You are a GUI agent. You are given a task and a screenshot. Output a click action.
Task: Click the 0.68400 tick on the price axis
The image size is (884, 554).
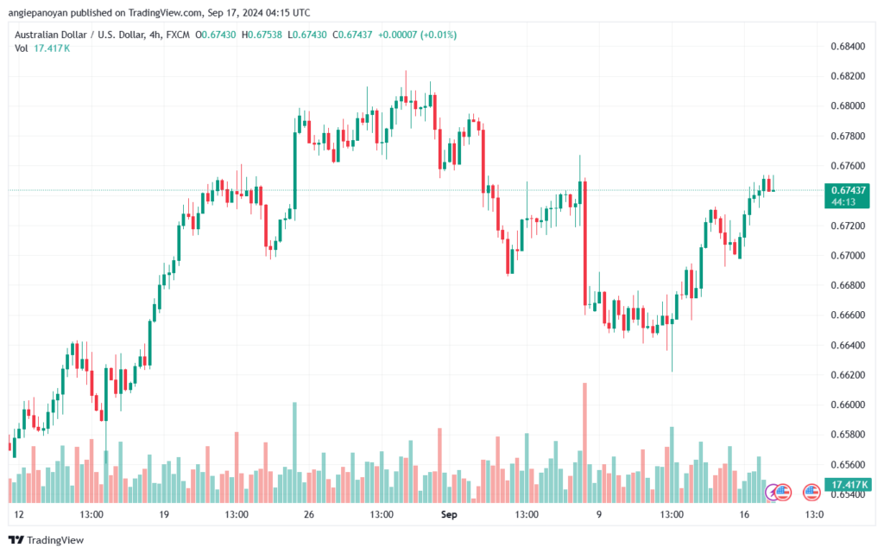click(x=846, y=46)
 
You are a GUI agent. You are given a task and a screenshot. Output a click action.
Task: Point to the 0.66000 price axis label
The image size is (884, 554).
click(x=846, y=404)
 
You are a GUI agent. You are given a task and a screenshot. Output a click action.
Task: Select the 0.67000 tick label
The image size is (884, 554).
click(x=846, y=255)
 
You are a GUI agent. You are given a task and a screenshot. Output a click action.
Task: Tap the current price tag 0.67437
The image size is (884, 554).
click(x=847, y=189)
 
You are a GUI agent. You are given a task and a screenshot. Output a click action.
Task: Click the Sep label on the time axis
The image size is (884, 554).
click(x=448, y=514)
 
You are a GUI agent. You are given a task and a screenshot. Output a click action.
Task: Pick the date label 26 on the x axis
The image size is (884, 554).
click(x=307, y=514)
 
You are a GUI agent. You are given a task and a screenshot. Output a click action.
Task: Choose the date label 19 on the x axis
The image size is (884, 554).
click(x=163, y=514)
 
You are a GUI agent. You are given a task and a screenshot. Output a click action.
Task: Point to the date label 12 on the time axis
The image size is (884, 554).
click(x=19, y=514)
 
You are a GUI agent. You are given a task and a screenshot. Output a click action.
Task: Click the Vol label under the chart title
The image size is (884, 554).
click(x=21, y=48)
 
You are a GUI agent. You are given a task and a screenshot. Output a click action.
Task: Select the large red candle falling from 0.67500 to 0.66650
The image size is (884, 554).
click(x=585, y=243)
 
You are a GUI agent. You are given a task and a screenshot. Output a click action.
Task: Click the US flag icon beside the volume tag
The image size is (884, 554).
click(x=811, y=493)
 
